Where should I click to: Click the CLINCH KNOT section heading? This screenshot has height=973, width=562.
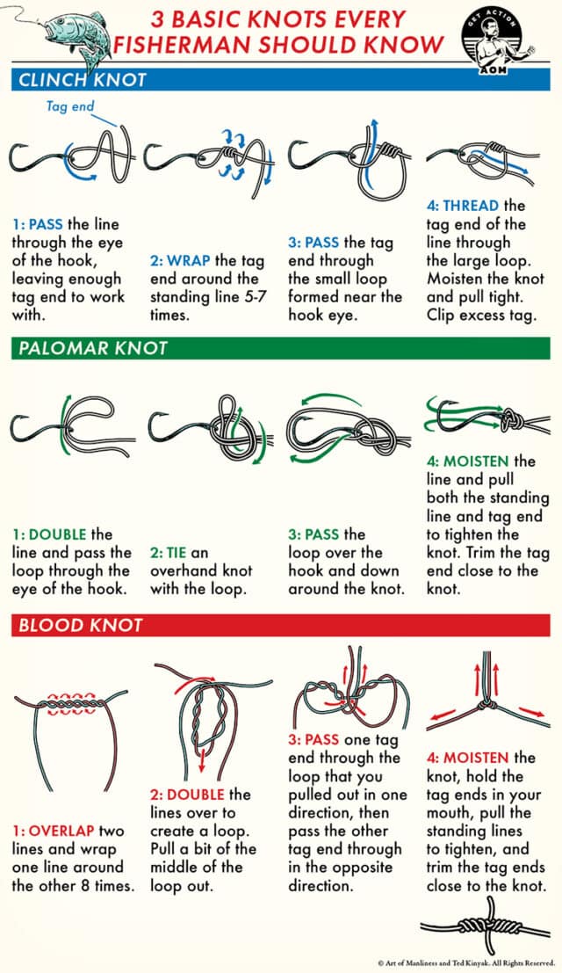pos(80,81)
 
